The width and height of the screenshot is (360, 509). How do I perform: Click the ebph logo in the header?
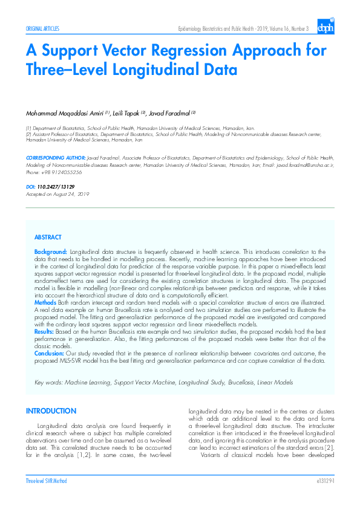tap(326, 27)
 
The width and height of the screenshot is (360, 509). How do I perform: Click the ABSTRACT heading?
tap(48, 238)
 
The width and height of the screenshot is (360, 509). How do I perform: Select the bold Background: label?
tap(51, 251)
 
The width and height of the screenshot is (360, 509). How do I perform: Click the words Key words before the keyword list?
tap(48, 383)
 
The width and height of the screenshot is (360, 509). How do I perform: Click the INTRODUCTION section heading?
tap(51, 412)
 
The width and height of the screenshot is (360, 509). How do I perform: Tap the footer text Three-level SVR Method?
tap(46, 481)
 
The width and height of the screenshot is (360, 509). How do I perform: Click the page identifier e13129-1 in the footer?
tap(325, 481)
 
